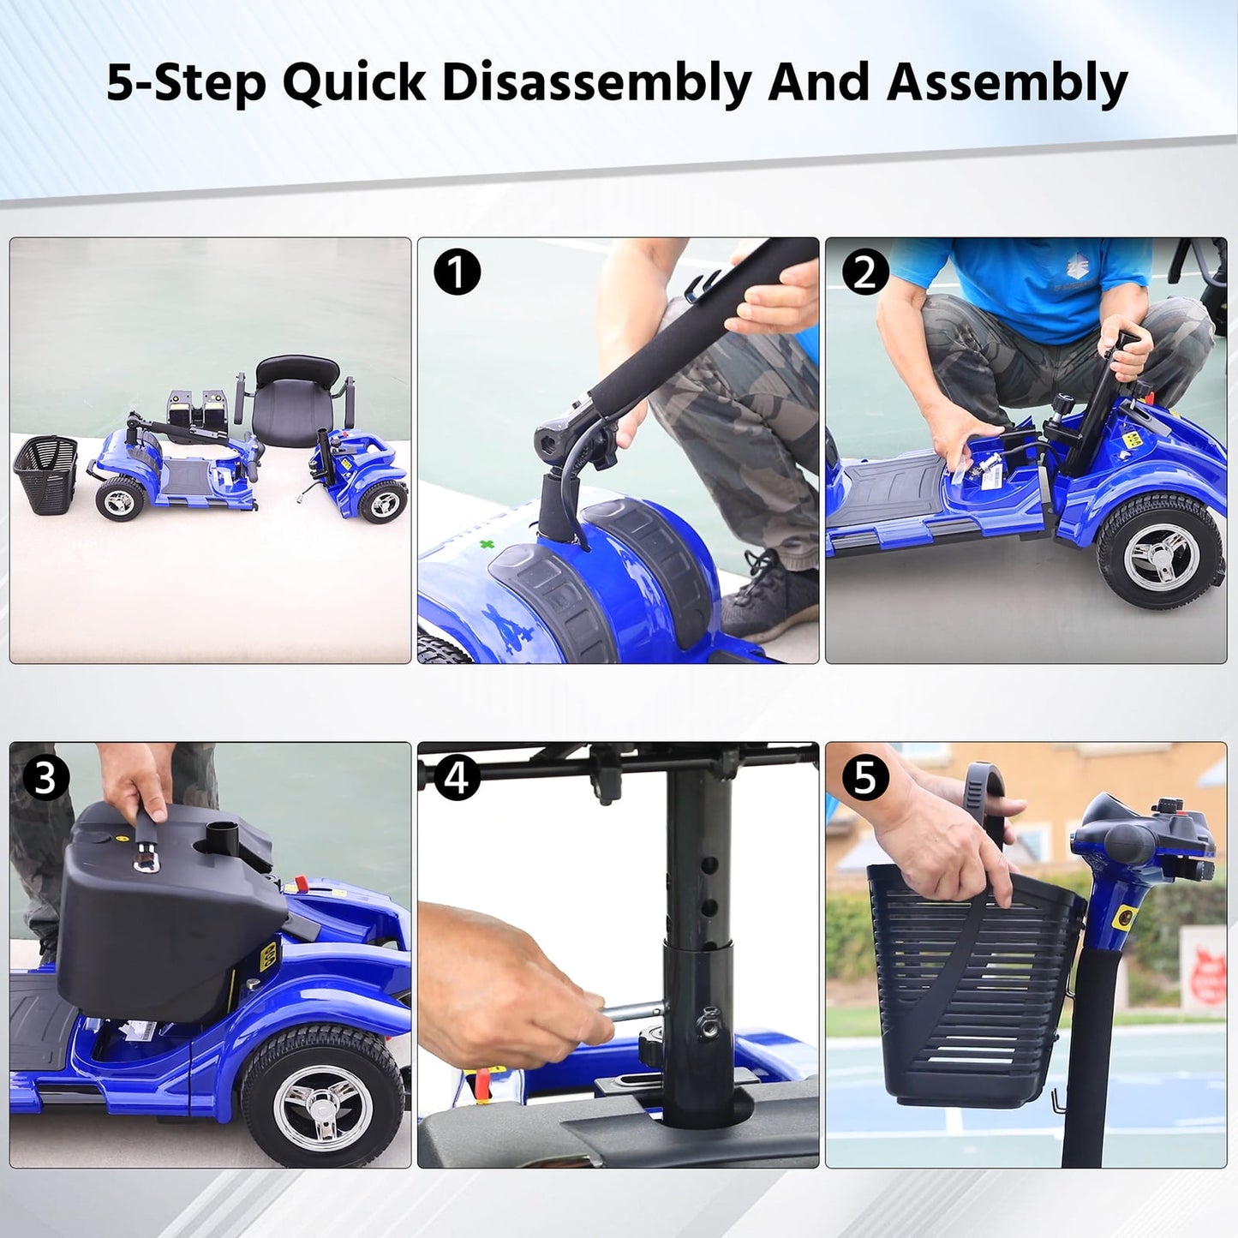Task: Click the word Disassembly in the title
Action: click(x=598, y=83)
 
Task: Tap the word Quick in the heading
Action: click(x=354, y=84)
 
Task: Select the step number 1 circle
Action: click(x=457, y=273)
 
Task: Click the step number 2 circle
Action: click(x=864, y=273)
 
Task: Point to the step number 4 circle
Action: click(x=457, y=779)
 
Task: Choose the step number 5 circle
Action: click(x=864, y=779)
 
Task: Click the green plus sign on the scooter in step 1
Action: click(x=487, y=546)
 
